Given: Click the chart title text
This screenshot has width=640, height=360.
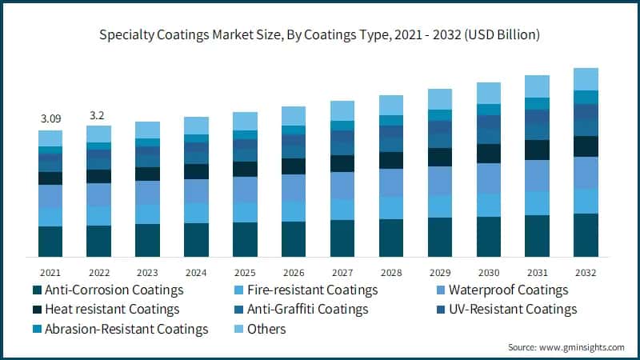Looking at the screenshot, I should pos(320,35).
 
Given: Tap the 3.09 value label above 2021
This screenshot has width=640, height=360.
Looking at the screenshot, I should pos(50,119).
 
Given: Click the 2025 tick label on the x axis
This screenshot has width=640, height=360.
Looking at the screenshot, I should pos(246,271).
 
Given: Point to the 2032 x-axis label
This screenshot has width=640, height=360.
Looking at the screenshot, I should pos(586,271).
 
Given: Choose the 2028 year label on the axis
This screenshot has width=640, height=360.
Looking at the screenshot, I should pos(391,271).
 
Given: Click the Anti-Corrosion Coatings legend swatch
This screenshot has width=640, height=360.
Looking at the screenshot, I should pos(36,290).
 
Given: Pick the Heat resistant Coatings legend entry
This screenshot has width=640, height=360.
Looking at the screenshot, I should pos(112,309).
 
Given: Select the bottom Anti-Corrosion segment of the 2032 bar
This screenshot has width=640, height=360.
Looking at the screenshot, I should pos(586,235).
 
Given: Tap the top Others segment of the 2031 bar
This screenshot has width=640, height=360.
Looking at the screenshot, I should pos(538,86).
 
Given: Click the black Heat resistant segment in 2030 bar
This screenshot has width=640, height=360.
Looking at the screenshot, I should pos(489,154).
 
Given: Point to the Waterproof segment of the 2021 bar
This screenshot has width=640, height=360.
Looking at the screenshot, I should pos(50,197).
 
